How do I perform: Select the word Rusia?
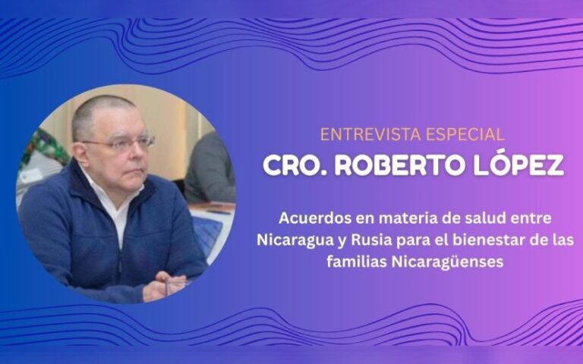coord(378,241)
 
